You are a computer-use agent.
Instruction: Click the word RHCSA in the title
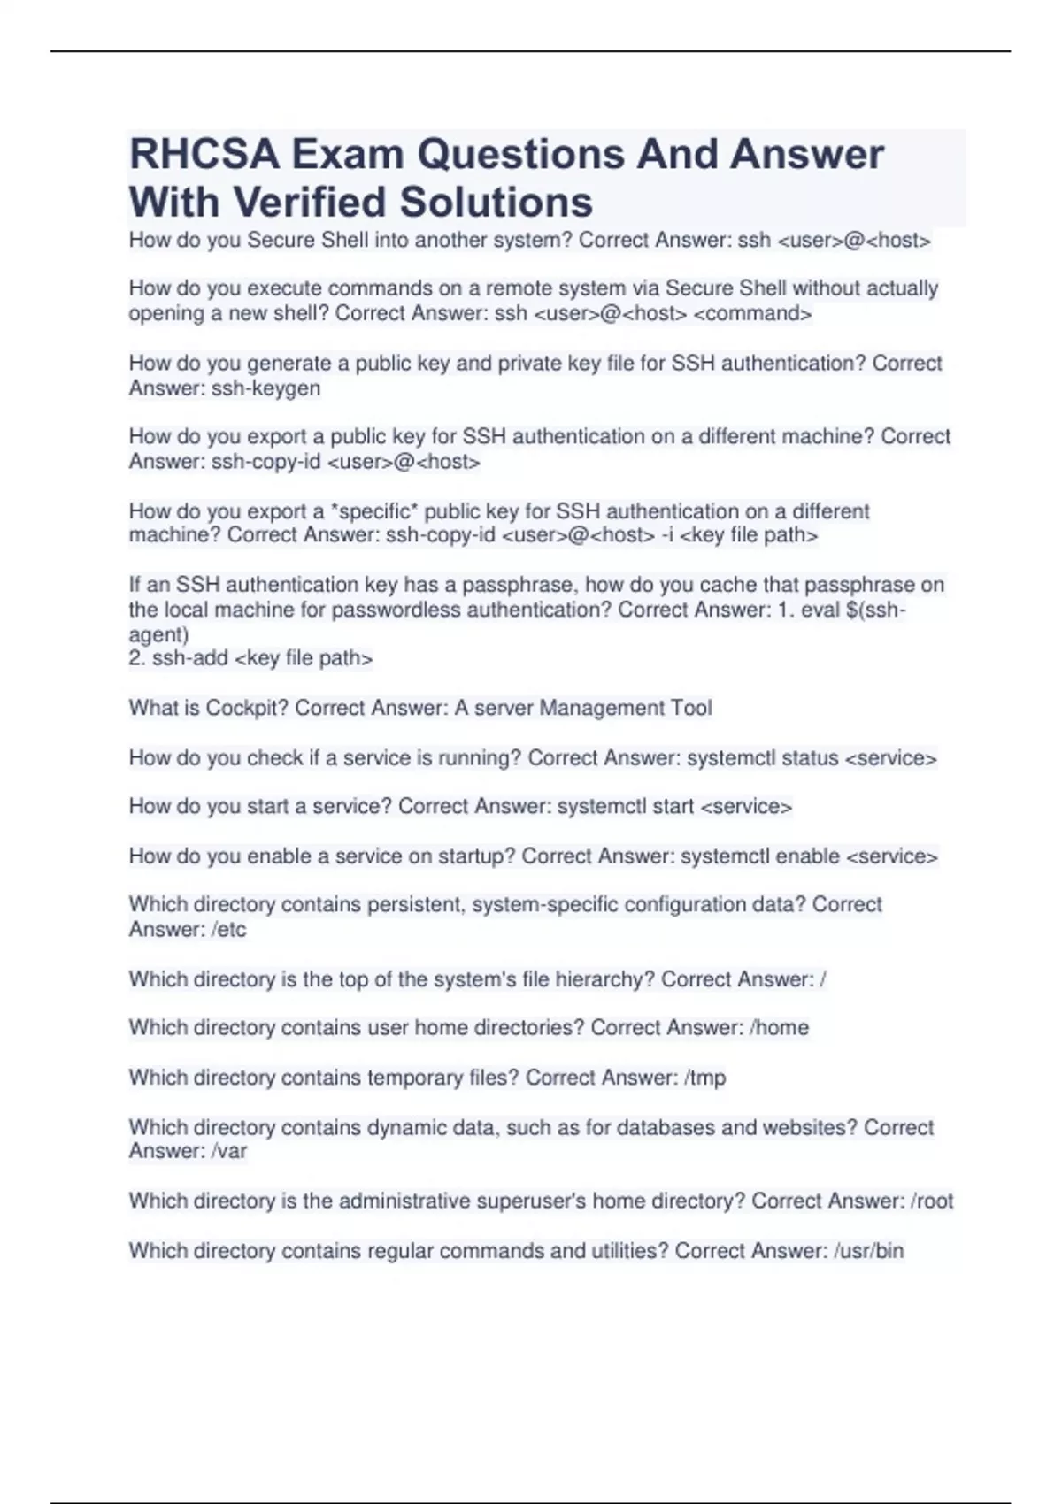204,155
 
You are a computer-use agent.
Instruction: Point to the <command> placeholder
752,314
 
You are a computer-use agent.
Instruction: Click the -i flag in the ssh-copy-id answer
667,535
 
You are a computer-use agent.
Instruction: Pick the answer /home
779,1028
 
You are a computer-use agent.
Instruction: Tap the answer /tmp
705,1078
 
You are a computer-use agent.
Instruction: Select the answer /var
229,1151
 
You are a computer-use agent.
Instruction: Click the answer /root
932,1201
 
